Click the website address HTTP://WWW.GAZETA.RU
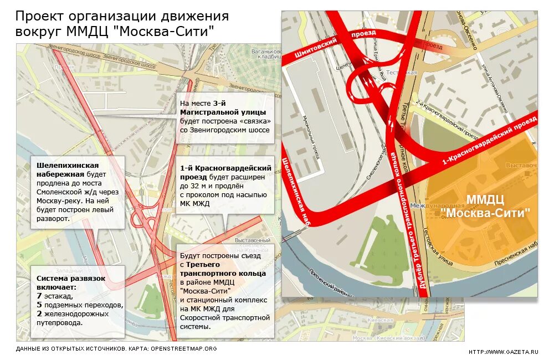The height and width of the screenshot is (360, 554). [x=503, y=352]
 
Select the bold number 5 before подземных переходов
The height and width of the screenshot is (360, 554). [x=39, y=305]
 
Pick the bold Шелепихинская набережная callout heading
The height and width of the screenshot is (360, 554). [x=68, y=169]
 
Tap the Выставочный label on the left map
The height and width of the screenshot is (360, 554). [x=253, y=240]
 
